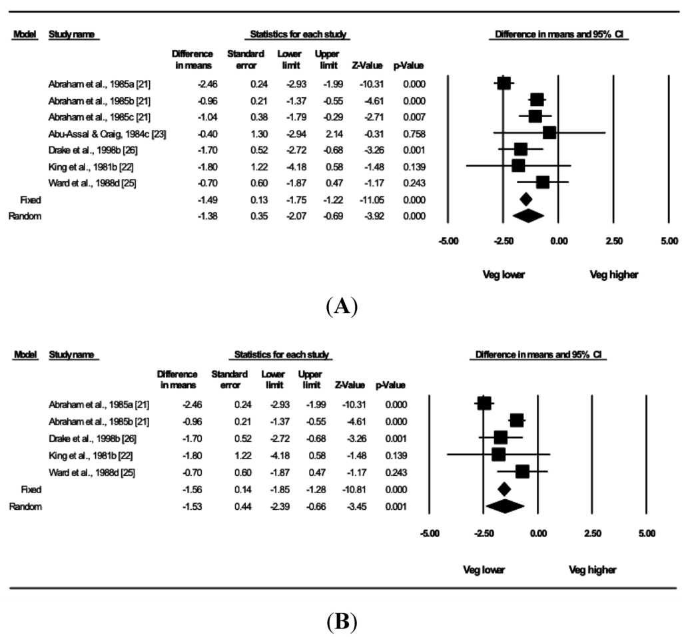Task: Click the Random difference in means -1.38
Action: click(x=202, y=216)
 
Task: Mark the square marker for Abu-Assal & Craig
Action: click(x=549, y=133)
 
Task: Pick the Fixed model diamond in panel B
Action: click(x=504, y=489)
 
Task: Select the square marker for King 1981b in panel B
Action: click(x=498, y=455)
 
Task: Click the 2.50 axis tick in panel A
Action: click(x=614, y=240)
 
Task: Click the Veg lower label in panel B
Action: click(x=484, y=570)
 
